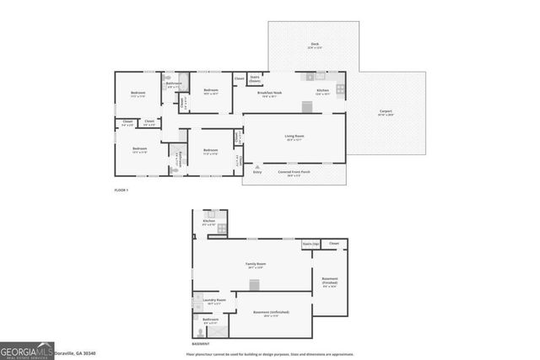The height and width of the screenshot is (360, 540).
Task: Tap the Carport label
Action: (386, 110)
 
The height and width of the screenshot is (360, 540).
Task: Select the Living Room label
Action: (294, 138)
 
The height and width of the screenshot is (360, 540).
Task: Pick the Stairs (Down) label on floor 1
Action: (255, 79)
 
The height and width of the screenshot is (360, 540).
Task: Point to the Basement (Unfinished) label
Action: (271, 313)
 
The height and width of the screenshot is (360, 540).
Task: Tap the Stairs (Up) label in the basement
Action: (310, 243)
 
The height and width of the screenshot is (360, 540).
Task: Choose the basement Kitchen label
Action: (209, 221)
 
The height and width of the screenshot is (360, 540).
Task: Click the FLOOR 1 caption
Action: (121, 191)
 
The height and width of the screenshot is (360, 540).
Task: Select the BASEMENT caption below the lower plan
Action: (201, 344)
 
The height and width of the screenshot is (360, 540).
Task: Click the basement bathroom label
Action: (210, 320)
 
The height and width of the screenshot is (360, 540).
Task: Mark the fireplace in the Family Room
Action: (255, 285)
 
